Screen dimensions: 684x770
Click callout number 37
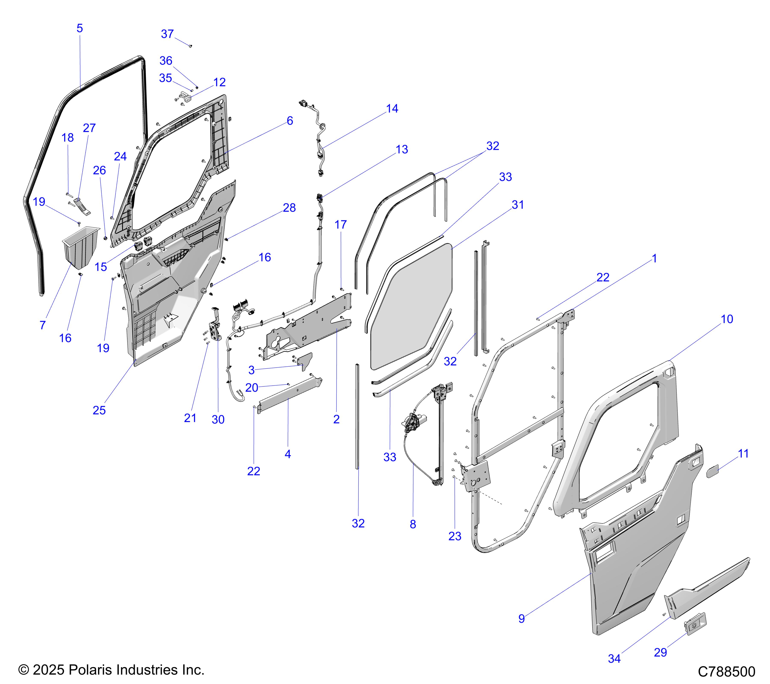coord(167,34)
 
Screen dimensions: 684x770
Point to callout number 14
coord(392,108)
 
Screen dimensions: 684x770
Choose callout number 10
coord(727,319)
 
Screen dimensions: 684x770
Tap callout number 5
coord(80,28)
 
